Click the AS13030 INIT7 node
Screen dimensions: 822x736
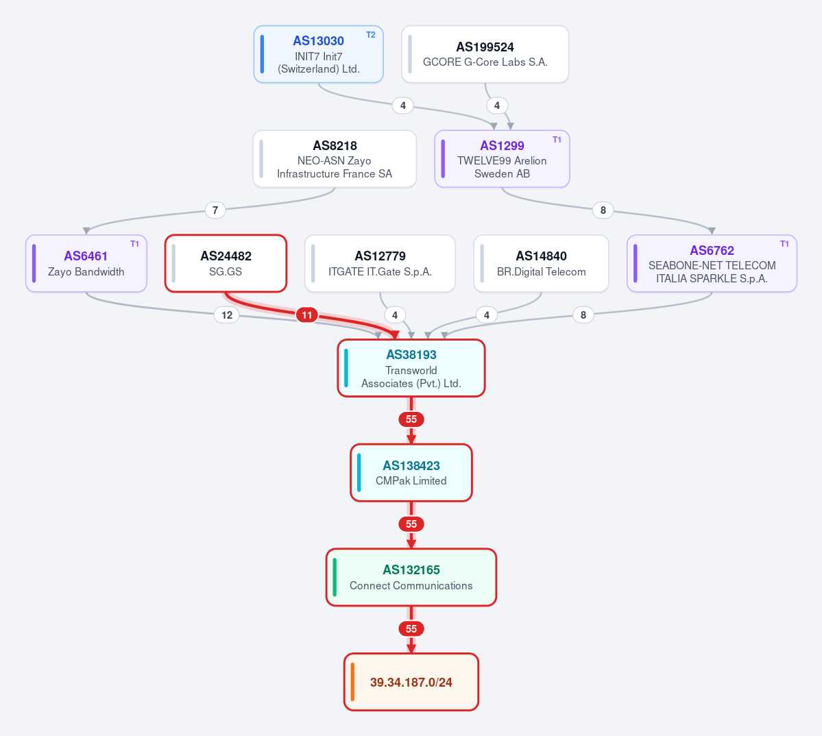[x=318, y=54]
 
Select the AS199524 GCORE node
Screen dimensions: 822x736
[x=485, y=54]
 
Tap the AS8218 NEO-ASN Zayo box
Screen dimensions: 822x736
[x=335, y=159]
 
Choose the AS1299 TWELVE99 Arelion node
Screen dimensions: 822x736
[x=502, y=159]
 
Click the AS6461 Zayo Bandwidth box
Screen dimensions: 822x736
[x=86, y=263]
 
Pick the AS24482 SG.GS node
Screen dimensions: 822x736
[x=226, y=263]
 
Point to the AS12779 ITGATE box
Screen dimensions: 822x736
[x=380, y=263]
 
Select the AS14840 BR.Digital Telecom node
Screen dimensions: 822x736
[x=541, y=263]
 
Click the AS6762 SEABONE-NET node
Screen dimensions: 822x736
[x=712, y=263]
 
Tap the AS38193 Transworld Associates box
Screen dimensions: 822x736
[x=411, y=368]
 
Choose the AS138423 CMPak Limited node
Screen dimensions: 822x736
[x=411, y=473]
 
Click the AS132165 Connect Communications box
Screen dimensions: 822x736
[x=411, y=577]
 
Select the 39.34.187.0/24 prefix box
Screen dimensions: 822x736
[x=411, y=682]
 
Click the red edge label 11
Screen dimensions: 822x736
[x=306, y=315]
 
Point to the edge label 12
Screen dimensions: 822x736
[x=227, y=315]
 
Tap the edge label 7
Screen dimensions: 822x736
[x=215, y=210]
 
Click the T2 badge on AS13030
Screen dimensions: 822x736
[x=371, y=35]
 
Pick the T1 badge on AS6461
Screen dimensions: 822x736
[x=135, y=244]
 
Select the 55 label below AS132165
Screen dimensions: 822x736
[x=411, y=628]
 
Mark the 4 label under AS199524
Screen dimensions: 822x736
[x=497, y=106]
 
